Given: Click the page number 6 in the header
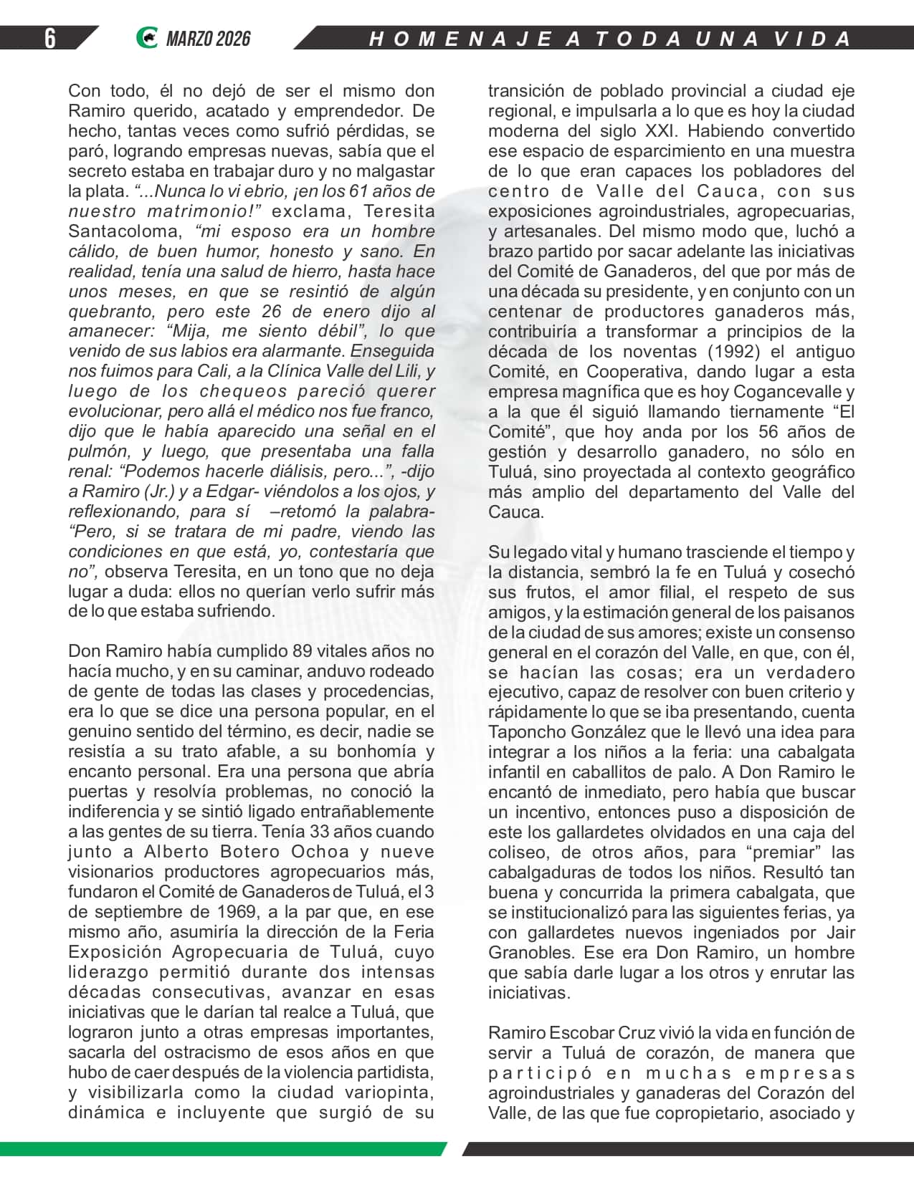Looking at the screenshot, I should [x=49, y=38].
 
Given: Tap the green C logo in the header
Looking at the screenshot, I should [x=146, y=38].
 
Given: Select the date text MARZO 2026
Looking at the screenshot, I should [x=208, y=39].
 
